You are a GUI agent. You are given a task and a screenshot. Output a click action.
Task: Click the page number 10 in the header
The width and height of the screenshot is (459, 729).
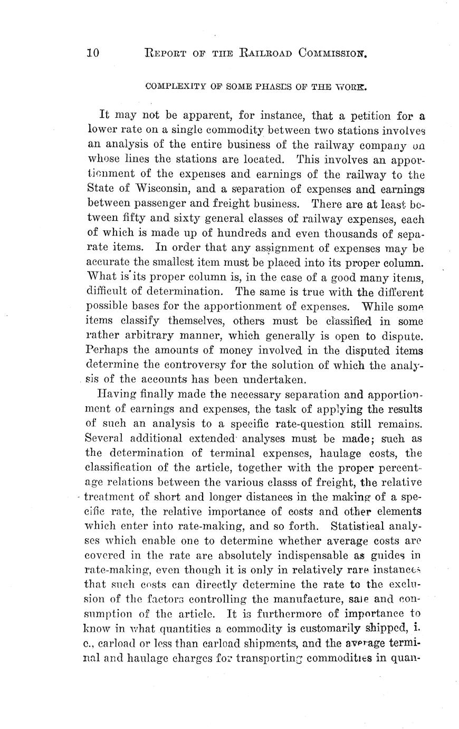93,53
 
